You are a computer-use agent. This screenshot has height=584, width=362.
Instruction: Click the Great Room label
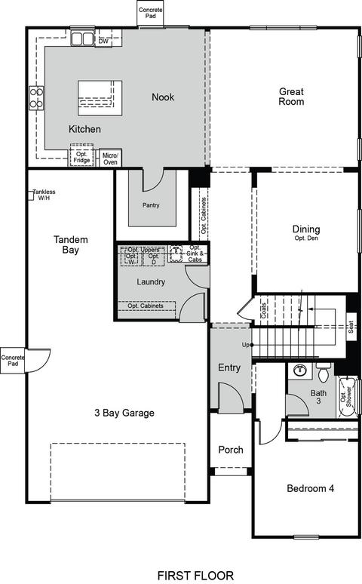[x=291, y=97]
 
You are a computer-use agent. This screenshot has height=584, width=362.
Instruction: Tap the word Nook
[x=163, y=97]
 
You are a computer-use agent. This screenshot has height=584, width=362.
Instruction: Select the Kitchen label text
[x=84, y=129]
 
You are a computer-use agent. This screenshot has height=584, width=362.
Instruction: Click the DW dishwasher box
[x=103, y=41]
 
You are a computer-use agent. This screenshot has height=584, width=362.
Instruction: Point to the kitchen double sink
[x=82, y=38]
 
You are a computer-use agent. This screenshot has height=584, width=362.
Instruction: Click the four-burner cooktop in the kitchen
[x=36, y=98]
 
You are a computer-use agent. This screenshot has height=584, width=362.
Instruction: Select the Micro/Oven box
[x=110, y=158]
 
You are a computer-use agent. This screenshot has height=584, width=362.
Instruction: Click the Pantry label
[x=151, y=205]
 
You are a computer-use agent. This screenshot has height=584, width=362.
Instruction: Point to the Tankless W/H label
[x=44, y=195]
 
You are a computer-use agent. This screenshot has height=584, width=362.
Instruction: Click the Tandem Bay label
[x=70, y=244]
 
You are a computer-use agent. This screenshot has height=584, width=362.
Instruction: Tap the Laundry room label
[x=151, y=282]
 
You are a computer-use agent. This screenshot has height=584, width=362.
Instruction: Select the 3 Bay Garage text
[x=124, y=413]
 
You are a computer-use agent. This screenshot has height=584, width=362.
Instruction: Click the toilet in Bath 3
[x=324, y=373]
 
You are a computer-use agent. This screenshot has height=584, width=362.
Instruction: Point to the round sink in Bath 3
[x=300, y=370]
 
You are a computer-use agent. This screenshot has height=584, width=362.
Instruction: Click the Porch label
[x=231, y=450]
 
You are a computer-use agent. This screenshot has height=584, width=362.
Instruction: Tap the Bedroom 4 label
[x=310, y=488]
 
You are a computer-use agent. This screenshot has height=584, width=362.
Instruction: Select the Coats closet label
[x=264, y=310]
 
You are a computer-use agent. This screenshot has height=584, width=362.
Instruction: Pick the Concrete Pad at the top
[x=151, y=13]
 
